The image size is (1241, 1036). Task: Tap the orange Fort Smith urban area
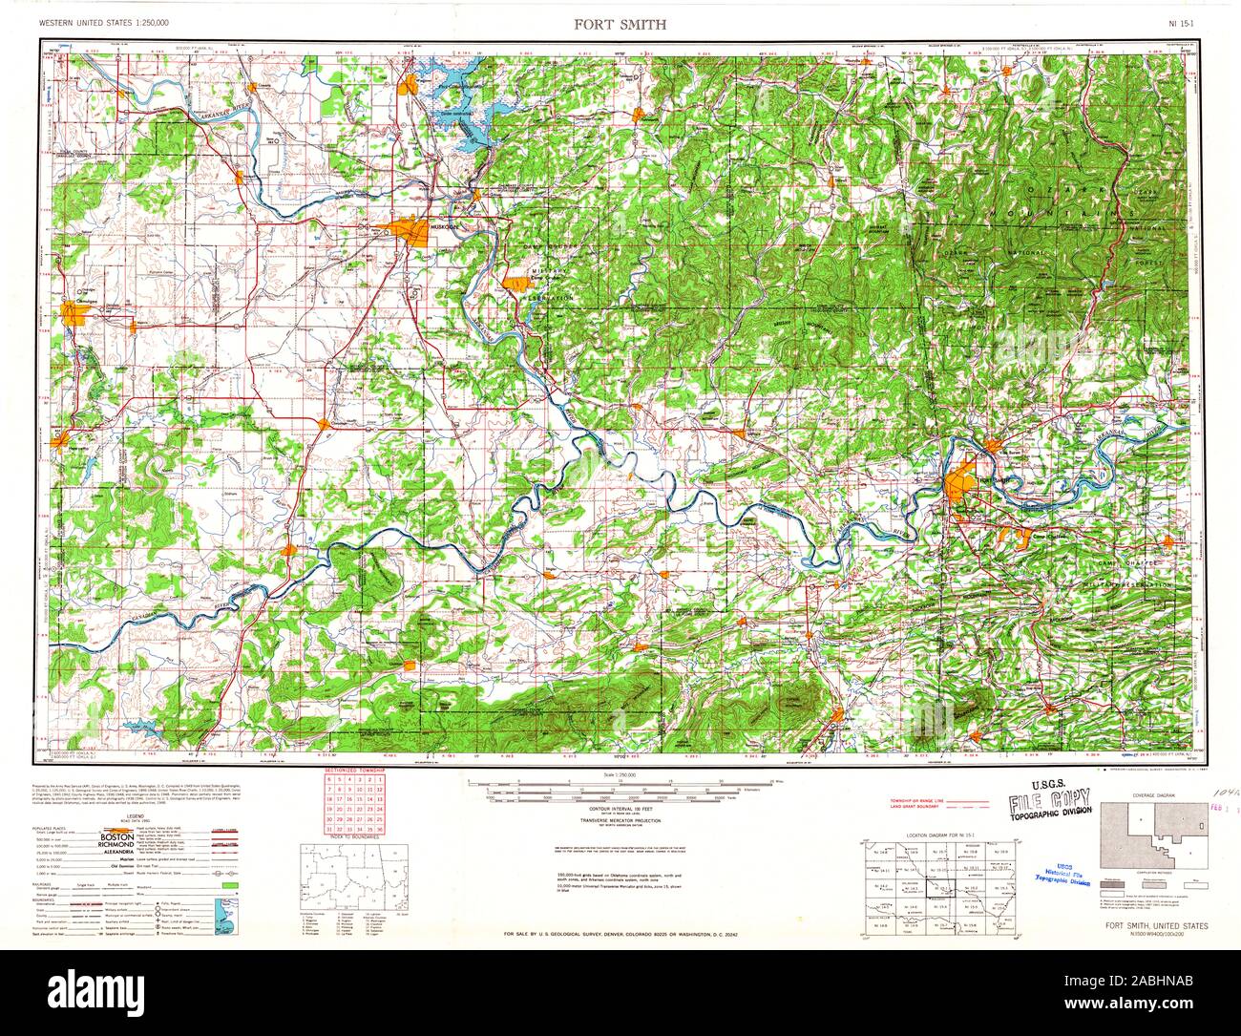[x=959, y=481]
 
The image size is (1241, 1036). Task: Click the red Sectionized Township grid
[x=354, y=804]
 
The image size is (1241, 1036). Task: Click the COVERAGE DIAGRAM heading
[x=1151, y=793]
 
